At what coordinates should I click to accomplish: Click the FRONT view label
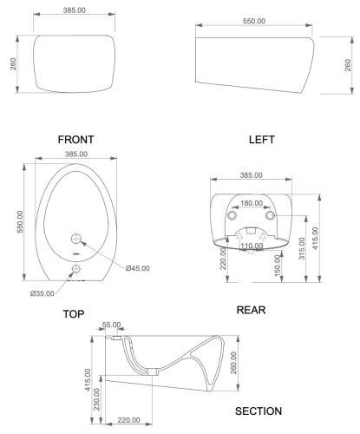[x=75, y=139]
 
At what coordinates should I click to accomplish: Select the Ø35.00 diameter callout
[x=44, y=293]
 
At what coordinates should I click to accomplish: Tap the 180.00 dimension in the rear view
[x=251, y=203]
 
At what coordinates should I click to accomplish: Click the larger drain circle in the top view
[x=75, y=238]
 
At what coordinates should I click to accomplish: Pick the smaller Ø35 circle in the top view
[x=75, y=269]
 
